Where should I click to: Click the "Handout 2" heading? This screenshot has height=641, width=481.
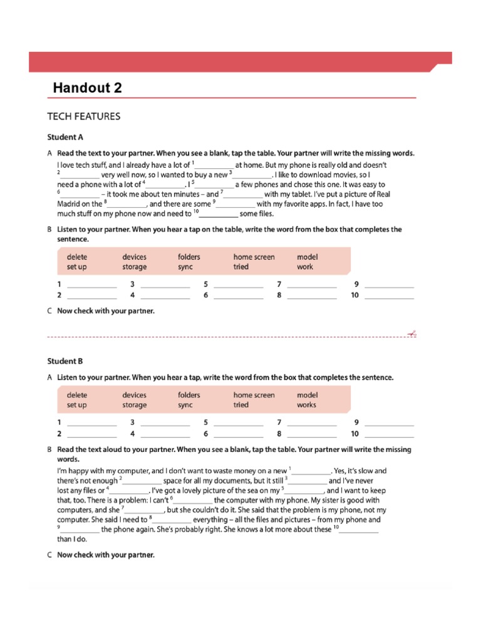[87, 88]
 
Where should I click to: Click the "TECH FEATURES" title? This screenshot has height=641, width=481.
[84, 116]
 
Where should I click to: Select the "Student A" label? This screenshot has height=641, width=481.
[65, 136]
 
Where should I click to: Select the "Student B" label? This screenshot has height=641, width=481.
[65, 361]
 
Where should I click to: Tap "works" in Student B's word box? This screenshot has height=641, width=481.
[306, 405]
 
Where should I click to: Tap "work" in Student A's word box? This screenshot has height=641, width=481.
[305, 267]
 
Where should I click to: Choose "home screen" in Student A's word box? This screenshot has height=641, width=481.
[254, 257]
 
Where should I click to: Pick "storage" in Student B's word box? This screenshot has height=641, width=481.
[135, 405]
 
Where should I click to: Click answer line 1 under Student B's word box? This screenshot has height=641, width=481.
[91, 423]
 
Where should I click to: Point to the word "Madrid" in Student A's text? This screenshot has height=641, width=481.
[69, 203]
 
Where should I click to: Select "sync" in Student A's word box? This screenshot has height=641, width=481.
[185, 267]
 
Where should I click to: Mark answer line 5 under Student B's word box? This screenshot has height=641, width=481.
[238, 423]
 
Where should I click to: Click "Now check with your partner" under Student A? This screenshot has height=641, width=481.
[105, 310]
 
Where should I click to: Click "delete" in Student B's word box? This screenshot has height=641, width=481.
[77, 395]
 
